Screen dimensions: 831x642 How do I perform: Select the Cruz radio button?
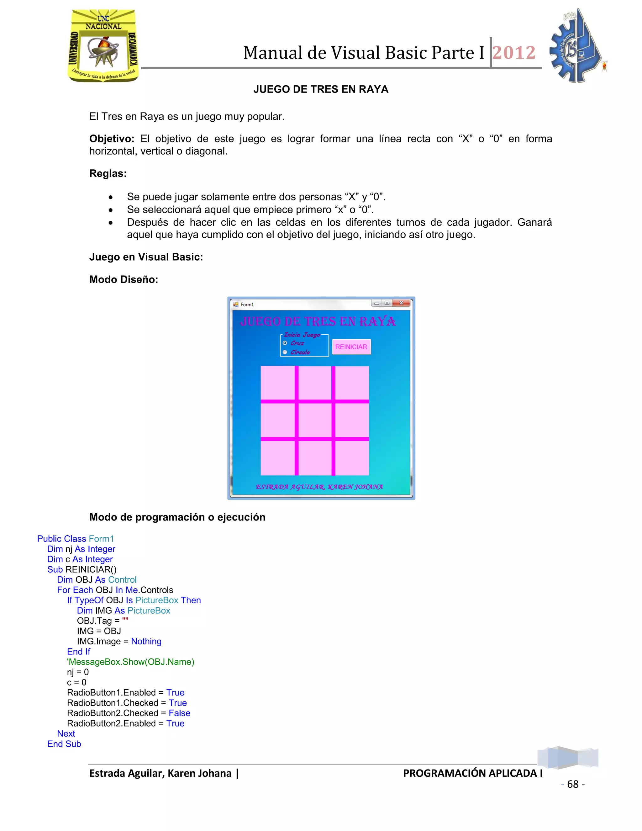pos(285,343)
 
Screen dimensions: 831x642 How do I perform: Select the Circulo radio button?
pos(285,352)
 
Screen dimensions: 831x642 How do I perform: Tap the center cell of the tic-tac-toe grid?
pos(315,420)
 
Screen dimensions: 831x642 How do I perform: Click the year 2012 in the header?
pos(514,52)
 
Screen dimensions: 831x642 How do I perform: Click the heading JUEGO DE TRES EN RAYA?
pos(321,89)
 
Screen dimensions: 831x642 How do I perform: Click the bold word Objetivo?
pos(111,139)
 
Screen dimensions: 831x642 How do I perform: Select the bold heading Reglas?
pos(108,173)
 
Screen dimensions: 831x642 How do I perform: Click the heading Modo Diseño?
pos(124,279)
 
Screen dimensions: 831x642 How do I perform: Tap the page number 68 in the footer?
pos(573,784)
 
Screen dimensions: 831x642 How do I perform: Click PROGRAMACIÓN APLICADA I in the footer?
pos(472,773)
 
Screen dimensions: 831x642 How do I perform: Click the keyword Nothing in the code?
pos(146,641)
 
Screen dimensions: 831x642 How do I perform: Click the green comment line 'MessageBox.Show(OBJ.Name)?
pos(130,662)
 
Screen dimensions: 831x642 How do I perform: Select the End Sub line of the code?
pos(64,744)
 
